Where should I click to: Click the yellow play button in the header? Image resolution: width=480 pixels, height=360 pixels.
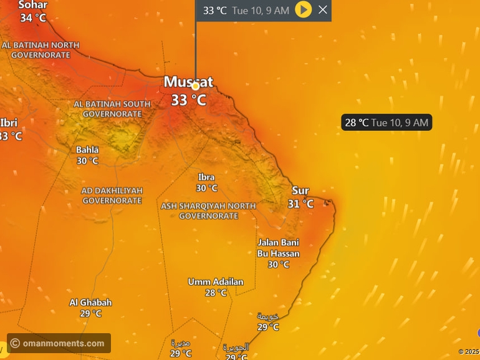coord(303,9)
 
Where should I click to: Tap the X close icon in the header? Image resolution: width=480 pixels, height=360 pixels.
coord(322,9)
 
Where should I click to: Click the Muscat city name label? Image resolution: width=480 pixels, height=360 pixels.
coord(188,82)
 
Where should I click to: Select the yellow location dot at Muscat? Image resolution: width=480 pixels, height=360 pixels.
coord(195,86)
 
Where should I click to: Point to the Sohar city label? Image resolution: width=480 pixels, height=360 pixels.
coord(32,5)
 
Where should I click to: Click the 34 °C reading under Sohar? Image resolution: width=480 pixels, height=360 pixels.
coord(32,17)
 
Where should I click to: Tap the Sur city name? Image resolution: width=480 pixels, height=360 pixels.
coord(300,191)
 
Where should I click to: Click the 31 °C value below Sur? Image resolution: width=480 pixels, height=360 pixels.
coord(300,204)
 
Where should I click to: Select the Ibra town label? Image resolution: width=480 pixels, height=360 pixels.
coord(206,177)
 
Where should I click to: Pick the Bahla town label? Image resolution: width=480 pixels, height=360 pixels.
coord(87,150)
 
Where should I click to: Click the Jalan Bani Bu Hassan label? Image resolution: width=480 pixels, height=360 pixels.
coord(278,248)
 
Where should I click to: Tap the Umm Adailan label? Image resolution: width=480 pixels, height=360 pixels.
coord(216,282)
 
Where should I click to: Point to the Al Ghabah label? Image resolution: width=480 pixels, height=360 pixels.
coord(90,303)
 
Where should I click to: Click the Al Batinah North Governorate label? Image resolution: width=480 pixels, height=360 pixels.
coord(41,50)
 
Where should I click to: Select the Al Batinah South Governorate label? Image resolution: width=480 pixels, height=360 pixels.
coord(112,109)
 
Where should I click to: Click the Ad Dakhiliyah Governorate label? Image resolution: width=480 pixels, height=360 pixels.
coord(112,195)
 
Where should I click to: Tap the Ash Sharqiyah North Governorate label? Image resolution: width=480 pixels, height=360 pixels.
coord(208,211)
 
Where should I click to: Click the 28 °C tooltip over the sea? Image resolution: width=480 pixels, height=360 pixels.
coord(386,123)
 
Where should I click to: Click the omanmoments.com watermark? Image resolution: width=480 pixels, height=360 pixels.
coord(59,343)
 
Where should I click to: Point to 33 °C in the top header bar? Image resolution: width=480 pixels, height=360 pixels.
coord(215,10)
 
